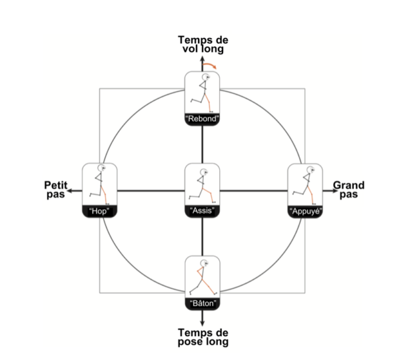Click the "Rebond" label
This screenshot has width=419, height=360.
tap(203, 118)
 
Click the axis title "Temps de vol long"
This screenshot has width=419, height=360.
tap(203, 44)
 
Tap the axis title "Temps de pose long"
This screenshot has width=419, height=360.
tap(203, 337)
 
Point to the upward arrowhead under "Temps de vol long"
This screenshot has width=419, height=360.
tap(203, 59)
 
